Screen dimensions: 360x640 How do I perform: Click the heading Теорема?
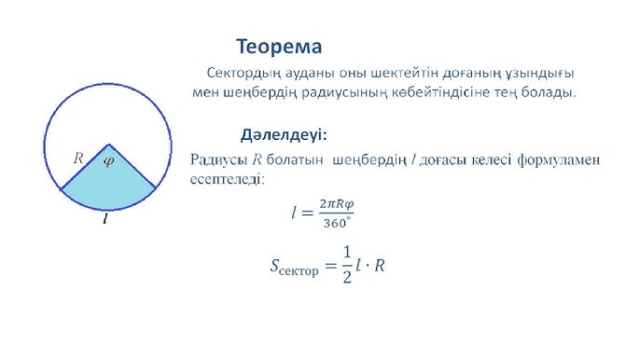(279, 46)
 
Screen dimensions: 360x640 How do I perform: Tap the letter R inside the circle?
(79, 159)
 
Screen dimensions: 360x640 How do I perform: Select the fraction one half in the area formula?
(347, 265)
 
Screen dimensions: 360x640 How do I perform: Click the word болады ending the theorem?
(552, 92)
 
